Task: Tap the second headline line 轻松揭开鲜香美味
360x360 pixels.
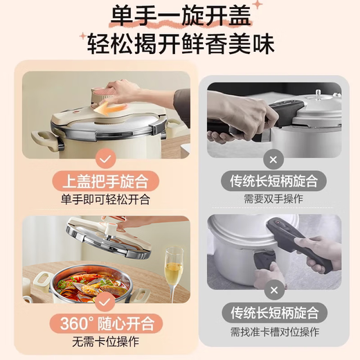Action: (x=181, y=44)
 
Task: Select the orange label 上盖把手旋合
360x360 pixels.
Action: (x=106, y=182)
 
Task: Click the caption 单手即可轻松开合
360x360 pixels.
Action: (x=106, y=200)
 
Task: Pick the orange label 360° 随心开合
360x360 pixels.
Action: (x=106, y=323)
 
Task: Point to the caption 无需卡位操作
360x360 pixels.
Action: (x=106, y=341)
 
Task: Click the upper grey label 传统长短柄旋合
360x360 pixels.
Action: (x=274, y=182)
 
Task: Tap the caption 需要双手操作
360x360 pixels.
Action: (x=274, y=199)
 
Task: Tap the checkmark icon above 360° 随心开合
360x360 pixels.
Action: (x=106, y=303)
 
